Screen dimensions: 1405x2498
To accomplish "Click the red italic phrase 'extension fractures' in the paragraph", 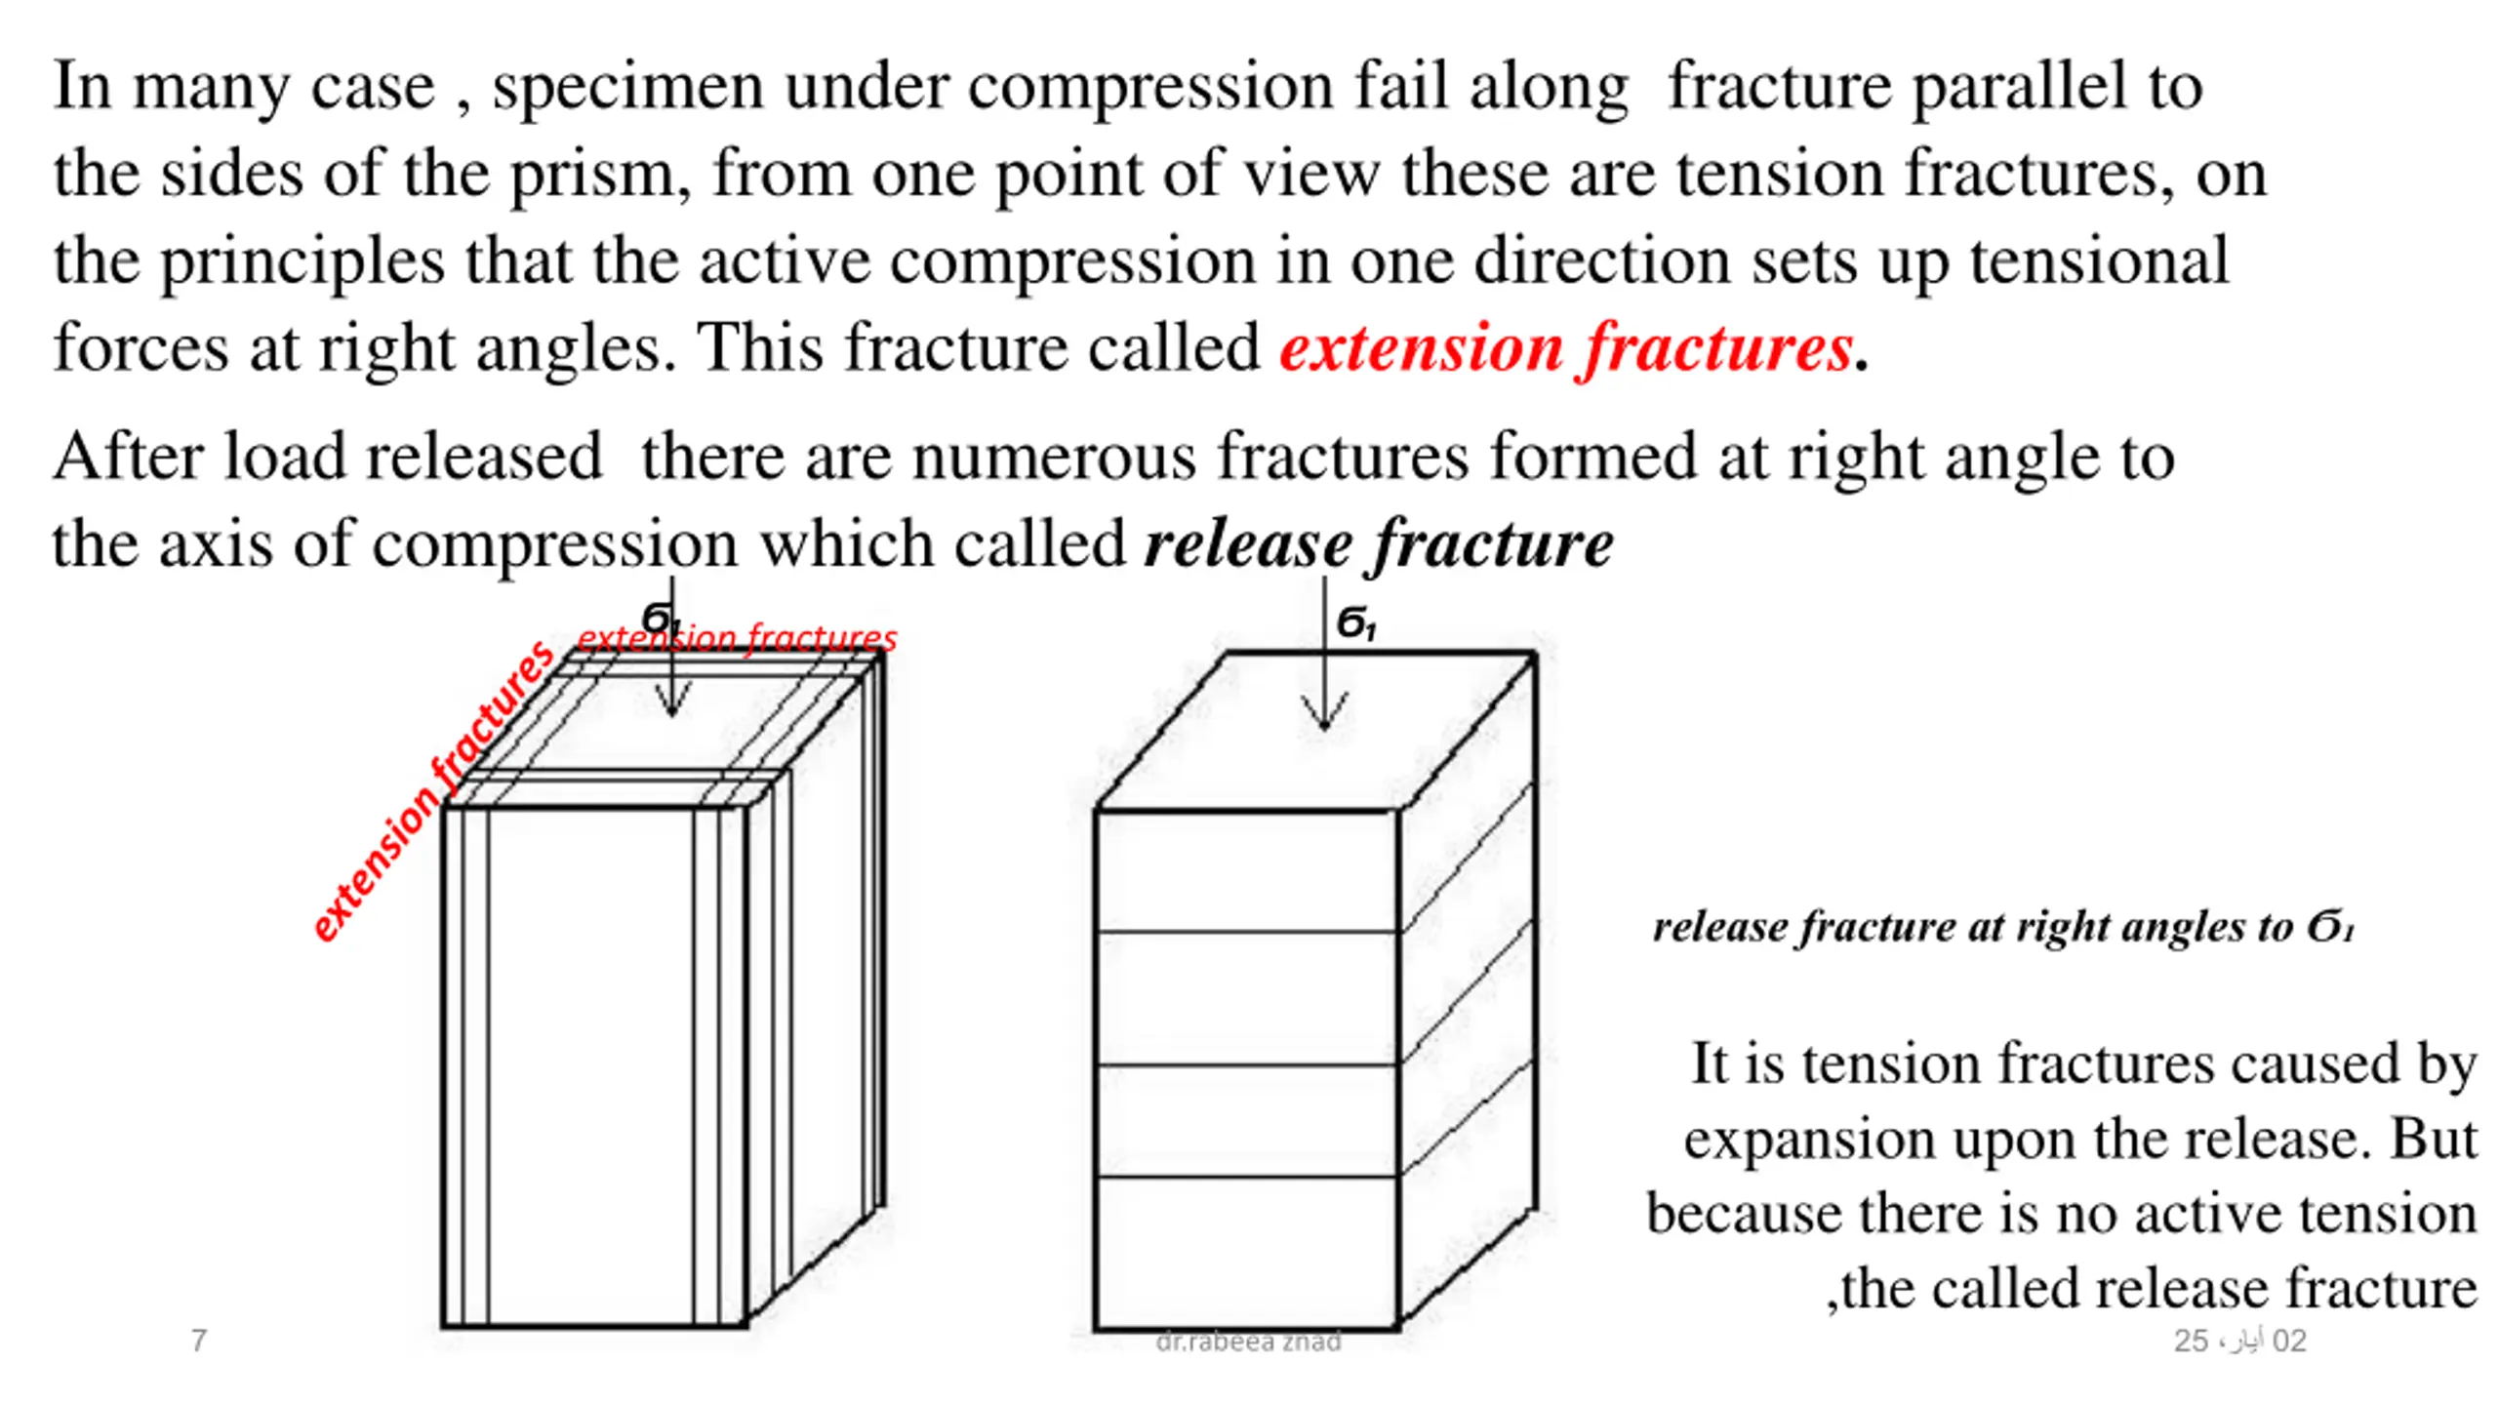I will [x=1566, y=348].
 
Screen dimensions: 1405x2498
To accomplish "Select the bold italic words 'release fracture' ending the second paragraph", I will [x=1379, y=543].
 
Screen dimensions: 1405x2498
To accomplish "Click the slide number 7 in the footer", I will [x=199, y=1341].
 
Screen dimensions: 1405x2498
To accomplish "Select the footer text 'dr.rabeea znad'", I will [x=1248, y=1342].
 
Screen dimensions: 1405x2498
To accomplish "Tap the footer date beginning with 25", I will [x=2239, y=1341].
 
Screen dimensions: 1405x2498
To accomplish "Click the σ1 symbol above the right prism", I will [x=1355, y=622].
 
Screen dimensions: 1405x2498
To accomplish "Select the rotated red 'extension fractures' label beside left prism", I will [x=432, y=791].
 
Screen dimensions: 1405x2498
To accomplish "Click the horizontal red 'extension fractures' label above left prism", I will [x=737, y=638].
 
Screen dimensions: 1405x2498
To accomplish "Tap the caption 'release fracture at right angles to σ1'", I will [x=2003, y=927].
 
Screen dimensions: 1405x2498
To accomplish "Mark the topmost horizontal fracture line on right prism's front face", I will [x=1247, y=933].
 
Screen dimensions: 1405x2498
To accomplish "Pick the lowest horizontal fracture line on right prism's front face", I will [x=1247, y=1176].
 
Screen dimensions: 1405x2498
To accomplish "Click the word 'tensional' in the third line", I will [x=2099, y=261].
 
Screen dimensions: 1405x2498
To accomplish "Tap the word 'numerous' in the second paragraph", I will [x=1054, y=457].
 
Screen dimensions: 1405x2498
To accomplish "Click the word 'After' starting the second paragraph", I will [x=127, y=457].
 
